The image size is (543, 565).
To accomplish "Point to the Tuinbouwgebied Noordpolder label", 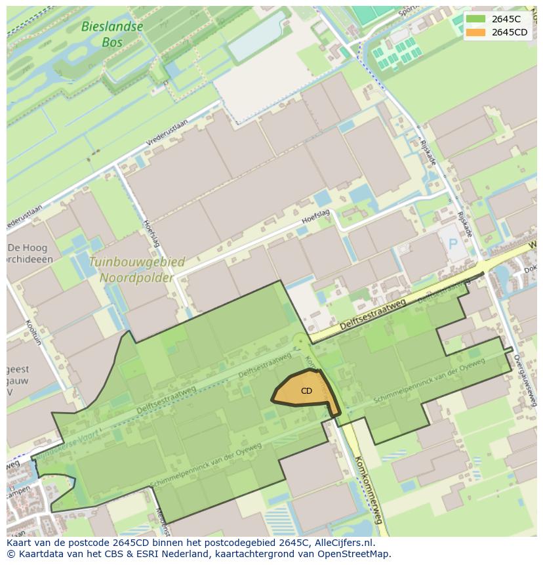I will coord(137,269).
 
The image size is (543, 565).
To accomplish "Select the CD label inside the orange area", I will coord(306,391).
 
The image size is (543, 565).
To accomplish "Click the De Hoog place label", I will coord(23,248).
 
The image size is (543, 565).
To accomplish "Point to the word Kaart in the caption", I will coord(20,543).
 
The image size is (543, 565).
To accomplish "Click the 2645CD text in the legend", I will coord(510,32).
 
